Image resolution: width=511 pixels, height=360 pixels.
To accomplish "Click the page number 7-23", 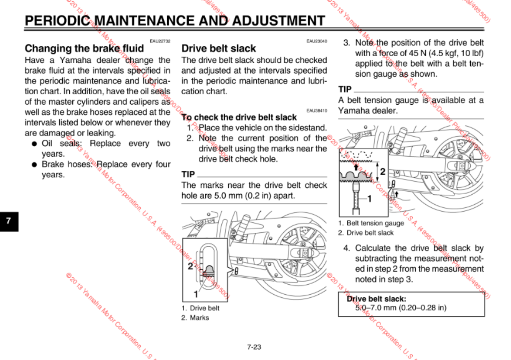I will (254, 347).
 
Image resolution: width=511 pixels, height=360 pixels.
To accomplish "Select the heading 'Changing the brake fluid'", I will (84, 48).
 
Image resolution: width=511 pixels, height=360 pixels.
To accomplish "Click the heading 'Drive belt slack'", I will (219, 48).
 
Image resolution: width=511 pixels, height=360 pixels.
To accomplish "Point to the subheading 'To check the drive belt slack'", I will (239, 117).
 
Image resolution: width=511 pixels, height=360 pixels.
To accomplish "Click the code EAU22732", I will (160, 41).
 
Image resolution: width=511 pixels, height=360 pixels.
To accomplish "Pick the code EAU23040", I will (317, 41).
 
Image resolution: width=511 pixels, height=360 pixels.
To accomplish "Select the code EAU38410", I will (317, 110).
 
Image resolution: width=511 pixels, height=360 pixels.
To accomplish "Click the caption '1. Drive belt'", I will (201, 308).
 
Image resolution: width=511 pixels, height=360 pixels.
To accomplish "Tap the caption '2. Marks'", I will (195, 318).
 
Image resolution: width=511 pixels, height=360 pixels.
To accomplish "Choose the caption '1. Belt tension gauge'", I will (371, 223).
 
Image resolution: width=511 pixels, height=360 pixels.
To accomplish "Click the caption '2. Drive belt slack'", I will (366, 233).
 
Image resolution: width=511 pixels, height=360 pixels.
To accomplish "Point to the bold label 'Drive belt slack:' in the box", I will (376, 299).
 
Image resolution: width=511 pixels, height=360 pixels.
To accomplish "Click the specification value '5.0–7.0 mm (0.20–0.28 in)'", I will (401, 308).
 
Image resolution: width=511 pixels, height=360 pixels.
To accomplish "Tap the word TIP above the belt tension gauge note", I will (345, 90).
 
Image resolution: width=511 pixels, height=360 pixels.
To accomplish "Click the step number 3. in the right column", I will (346, 43).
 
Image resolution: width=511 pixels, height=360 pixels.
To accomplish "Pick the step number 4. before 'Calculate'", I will (346, 248).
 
